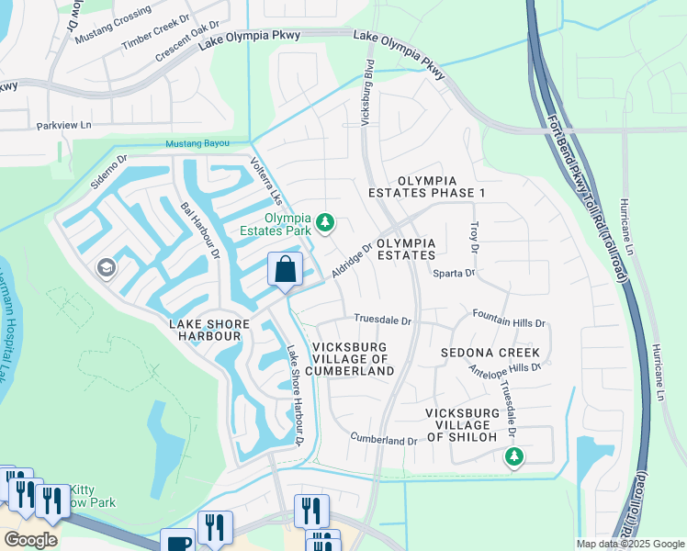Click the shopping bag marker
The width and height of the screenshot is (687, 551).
click(285, 270)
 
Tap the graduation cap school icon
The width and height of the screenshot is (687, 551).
click(106, 267)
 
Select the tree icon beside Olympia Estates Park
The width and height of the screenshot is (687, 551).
click(324, 222)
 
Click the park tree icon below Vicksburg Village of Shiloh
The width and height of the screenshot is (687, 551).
click(514, 455)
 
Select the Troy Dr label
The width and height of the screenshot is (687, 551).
click(475, 237)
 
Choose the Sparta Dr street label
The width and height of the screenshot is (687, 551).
click(455, 274)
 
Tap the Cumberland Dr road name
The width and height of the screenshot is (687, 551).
click(384, 441)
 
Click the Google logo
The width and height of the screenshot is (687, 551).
click(31, 540)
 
